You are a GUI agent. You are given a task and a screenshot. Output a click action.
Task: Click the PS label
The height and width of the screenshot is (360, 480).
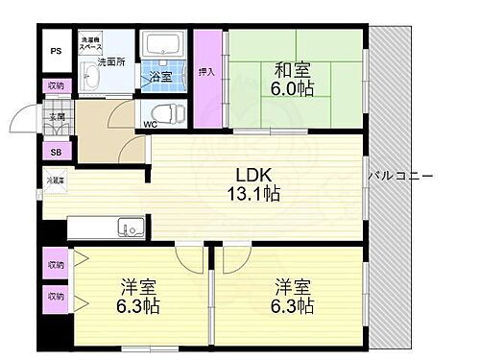[55, 51]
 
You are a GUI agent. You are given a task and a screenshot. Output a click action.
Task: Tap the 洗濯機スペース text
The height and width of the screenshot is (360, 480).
[91, 43]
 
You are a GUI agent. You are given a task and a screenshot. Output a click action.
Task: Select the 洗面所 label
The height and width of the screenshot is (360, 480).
[111, 62]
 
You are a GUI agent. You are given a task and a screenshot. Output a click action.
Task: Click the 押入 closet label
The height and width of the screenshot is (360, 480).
[205, 71]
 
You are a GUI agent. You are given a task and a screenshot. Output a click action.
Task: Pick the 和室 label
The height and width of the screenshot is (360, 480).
[295, 69]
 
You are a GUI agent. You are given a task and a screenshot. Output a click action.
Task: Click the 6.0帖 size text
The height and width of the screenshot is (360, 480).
[295, 89]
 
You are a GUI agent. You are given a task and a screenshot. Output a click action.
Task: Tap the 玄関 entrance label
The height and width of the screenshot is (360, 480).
[58, 117]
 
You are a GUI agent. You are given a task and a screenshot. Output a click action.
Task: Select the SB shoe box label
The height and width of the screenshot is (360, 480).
[55, 152]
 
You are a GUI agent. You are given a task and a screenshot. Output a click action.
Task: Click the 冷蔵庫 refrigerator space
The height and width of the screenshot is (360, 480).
[57, 180]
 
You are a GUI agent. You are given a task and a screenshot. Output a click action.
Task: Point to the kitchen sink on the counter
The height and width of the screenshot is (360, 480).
[131, 228]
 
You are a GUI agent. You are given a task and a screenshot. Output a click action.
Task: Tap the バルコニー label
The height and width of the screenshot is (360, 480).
[401, 177]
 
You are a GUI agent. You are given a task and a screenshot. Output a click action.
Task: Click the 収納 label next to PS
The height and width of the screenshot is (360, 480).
[55, 85]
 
